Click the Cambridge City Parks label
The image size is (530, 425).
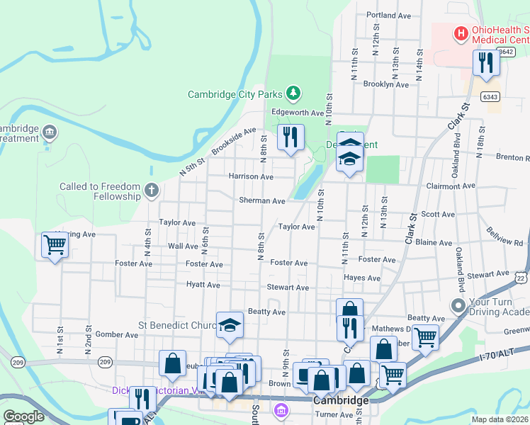pos(235,94)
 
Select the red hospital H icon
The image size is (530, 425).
pos(461,32)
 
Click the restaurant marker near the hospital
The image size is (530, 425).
pos(486,62)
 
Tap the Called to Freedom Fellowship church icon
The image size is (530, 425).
pos(151,190)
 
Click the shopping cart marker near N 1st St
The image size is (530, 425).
pos(55,245)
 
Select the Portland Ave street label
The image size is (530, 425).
pos(389,15)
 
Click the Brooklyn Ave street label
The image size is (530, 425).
pos(386,84)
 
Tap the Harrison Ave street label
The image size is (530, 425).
pos(251,176)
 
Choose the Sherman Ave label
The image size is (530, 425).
pos(262,201)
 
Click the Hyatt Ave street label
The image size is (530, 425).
pos(203,285)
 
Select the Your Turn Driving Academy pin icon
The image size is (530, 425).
pos(458,307)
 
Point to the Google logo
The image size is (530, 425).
pos(23,417)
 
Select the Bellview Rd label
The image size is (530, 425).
pos(504,237)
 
